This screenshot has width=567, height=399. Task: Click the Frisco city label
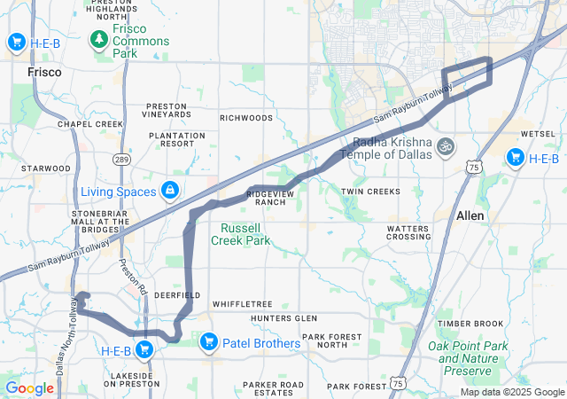point(44,72)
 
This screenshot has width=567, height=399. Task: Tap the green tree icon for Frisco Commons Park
point(99,40)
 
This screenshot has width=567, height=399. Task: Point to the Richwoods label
point(246,117)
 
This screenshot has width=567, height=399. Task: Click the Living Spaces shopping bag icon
point(168,192)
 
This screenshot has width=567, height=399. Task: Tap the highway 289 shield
point(122,158)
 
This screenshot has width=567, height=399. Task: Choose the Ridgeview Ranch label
point(266,197)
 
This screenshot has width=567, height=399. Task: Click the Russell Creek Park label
point(245,233)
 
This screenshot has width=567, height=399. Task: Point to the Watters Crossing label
point(408,232)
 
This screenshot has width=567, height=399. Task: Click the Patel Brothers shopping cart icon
point(210,341)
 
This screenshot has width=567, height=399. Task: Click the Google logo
point(28,388)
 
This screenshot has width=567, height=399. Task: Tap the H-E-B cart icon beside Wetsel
point(515,157)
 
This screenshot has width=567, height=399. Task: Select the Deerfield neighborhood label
point(171,293)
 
